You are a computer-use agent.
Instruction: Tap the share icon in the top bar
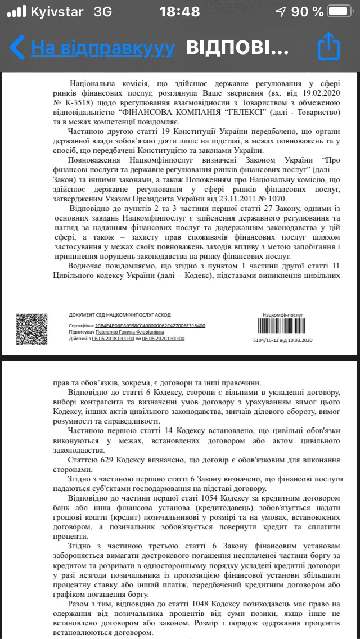(x=329, y=47)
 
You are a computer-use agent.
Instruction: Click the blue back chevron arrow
(x=17, y=47)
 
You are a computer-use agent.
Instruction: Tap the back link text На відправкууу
(x=102, y=48)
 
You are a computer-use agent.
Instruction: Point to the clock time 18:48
(x=179, y=12)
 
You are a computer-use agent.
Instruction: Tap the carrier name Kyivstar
(x=57, y=12)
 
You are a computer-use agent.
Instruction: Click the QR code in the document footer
(x=31, y=328)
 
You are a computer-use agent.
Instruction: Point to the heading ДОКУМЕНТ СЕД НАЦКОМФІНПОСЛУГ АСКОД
(x=119, y=315)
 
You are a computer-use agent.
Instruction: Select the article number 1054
(x=181, y=499)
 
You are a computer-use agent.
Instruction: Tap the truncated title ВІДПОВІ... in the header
(x=237, y=48)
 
